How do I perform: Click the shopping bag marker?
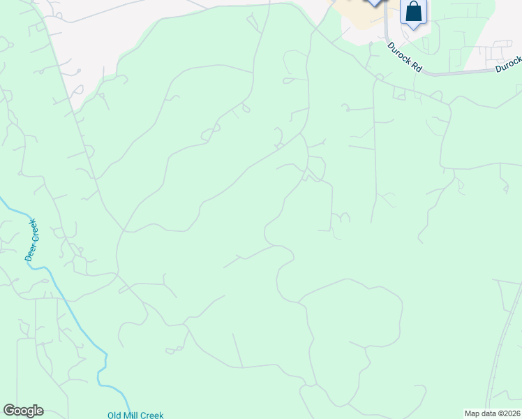click(x=413, y=12)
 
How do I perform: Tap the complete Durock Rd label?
click(x=405, y=57)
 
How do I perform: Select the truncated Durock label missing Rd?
click(x=509, y=66)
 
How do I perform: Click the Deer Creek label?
click(x=32, y=240)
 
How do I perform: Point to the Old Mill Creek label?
click(x=135, y=415)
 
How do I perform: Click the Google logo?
click(x=23, y=411)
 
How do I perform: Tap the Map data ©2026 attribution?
click(x=492, y=413)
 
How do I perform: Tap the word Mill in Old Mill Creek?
click(x=132, y=415)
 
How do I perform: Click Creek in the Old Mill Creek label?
click(x=152, y=415)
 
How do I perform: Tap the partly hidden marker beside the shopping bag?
click(x=375, y=2)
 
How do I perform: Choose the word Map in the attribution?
click(x=472, y=413)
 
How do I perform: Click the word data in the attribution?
click(x=488, y=413)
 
